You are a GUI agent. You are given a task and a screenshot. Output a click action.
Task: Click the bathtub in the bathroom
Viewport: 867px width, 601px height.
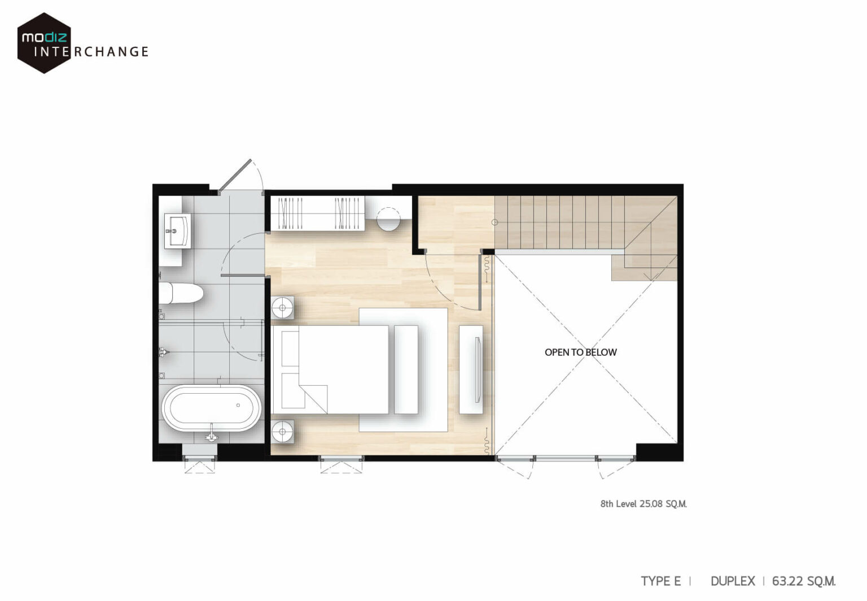point(211,408)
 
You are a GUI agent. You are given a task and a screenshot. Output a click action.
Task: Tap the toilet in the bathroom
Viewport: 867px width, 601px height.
point(181,293)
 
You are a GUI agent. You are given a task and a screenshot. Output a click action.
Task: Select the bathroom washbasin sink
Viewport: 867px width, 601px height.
point(177,231)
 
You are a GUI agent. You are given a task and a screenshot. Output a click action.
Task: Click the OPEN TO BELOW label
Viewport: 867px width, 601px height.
point(581,352)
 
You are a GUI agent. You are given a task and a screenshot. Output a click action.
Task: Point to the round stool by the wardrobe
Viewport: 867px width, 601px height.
point(388,219)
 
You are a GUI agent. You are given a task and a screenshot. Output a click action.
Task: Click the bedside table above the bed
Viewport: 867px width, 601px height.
point(282,308)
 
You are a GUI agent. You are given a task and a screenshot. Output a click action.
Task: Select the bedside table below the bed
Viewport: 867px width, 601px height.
point(282,431)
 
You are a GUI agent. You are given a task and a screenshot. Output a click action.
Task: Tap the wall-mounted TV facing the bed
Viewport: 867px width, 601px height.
point(478,369)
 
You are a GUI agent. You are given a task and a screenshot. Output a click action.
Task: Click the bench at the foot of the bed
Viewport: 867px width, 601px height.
point(406,369)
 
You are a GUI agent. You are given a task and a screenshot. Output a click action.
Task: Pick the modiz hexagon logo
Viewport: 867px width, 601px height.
point(44,43)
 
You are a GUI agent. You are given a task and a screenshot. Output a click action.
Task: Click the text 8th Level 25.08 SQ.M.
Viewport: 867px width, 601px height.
point(643,504)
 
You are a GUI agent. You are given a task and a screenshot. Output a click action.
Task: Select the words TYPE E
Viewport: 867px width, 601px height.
point(661,581)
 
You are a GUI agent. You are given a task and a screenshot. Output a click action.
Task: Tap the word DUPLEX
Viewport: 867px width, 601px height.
point(733,581)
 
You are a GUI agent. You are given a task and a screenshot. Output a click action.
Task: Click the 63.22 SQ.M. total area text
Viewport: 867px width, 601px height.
point(804,581)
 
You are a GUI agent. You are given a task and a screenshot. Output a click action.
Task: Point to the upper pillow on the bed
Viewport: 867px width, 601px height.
point(290,349)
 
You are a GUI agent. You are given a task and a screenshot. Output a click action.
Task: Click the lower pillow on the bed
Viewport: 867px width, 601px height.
point(293,390)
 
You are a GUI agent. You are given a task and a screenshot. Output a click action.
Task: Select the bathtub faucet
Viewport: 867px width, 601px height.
point(212,434)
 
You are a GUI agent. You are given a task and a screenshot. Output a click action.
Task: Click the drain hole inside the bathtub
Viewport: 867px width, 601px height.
point(238,405)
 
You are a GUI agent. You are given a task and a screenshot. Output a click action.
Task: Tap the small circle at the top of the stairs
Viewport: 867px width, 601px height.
point(494,223)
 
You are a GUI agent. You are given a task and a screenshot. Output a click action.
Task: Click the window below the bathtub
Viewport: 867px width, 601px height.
point(200,459)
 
